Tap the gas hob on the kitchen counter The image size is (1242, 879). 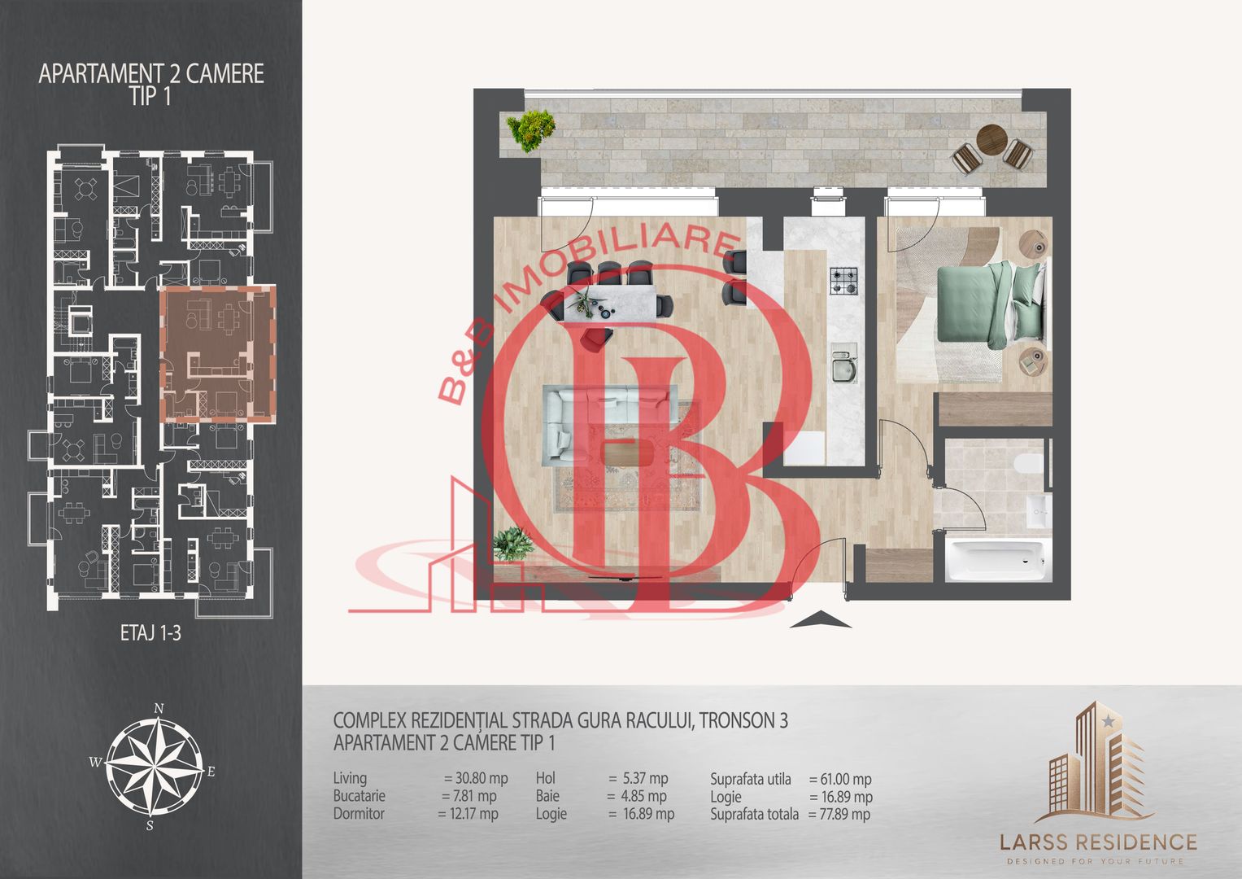pos(843,281)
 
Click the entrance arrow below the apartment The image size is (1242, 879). pos(821,619)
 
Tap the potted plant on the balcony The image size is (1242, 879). pos(530,130)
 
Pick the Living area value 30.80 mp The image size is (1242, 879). pos(476,778)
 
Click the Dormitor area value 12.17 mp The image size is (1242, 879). pos(468,814)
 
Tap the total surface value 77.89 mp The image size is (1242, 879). pos(839,814)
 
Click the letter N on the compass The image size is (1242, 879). pos(159,708)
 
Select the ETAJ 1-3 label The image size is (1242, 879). pos(150,632)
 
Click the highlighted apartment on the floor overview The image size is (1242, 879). pos(218,353)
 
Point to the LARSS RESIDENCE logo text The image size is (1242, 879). pos(1098,842)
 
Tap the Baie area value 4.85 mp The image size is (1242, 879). pos(637,796)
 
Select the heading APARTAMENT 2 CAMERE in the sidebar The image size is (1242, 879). pos(150,74)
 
